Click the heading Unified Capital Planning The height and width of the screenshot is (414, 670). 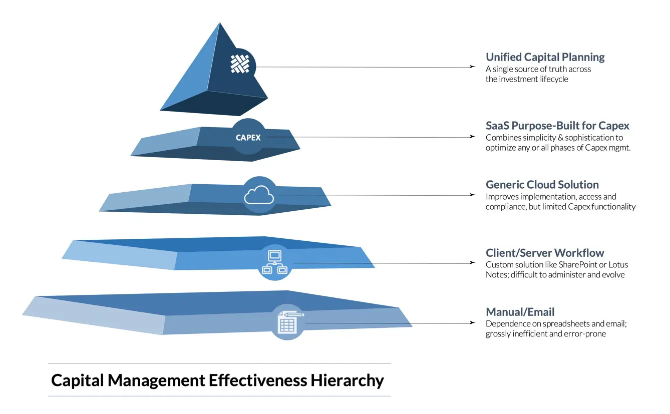(545, 57)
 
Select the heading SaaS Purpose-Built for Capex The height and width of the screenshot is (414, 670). (557, 126)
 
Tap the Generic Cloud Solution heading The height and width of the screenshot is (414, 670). (542, 184)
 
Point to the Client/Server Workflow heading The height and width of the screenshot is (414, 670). (545, 253)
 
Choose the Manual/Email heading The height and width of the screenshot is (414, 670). (520, 312)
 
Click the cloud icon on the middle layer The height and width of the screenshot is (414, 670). (259, 195)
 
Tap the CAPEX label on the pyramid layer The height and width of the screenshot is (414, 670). (248, 138)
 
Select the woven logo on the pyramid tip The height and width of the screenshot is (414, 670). (239, 64)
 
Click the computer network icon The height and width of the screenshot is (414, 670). (274, 262)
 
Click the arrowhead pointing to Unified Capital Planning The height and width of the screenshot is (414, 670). (472, 67)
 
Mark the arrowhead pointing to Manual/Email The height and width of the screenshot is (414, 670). (472, 322)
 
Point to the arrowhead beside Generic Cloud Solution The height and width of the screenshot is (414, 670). (472, 195)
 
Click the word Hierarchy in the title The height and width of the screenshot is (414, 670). (347, 380)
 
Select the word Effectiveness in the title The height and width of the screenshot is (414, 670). (257, 380)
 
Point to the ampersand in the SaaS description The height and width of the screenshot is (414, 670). (552, 138)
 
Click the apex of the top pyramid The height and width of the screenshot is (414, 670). (219, 23)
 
